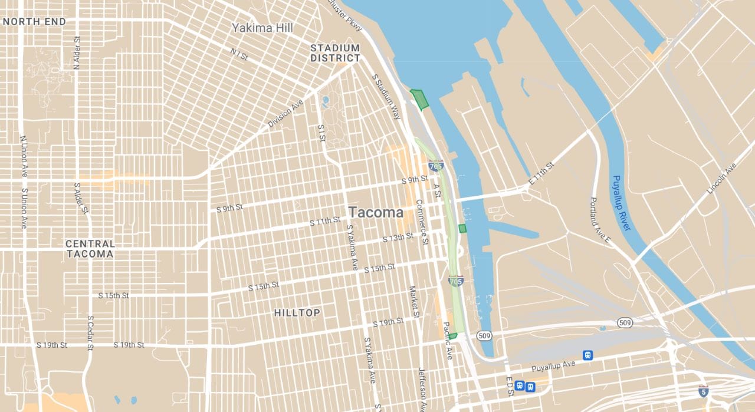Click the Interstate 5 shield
coord(703,391)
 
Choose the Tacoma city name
coord(375,212)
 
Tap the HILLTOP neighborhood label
coord(297,313)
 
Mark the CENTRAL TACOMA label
coord(90,249)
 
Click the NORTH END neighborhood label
coord(34,22)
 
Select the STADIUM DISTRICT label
coord(335,53)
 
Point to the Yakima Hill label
coord(262,28)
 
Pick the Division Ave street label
coord(285,114)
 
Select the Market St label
coord(414,302)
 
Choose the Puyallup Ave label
coord(553,366)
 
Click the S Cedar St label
coord(90,333)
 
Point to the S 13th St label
coord(398,238)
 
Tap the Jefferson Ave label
coord(422,389)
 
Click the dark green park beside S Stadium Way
coord(419,98)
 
